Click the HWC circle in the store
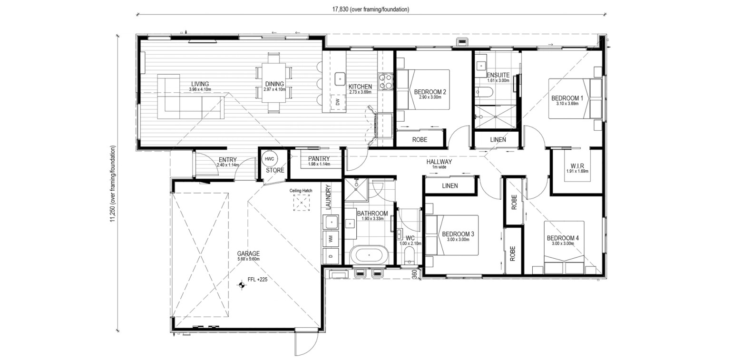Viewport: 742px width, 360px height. coord(269,159)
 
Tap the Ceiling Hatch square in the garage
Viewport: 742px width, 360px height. coord(302,203)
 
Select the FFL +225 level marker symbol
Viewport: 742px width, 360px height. coord(242,284)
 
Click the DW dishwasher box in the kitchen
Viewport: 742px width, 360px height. coord(338,102)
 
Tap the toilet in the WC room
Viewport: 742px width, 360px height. coord(410,256)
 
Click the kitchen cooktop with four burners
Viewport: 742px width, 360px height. coord(385,81)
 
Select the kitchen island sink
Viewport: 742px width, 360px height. coord(340,79)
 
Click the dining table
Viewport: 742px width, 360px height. coord(274,83)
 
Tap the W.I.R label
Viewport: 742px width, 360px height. coord(577,166)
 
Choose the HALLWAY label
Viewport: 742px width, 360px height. coord(439,162)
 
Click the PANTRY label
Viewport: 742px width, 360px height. coord(319,159)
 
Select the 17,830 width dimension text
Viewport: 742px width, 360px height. coord(371,9)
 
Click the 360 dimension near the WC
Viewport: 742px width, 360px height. coord(414,274)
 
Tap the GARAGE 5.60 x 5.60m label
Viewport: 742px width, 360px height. coord(248,256)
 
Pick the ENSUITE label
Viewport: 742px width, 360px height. coord(498,75)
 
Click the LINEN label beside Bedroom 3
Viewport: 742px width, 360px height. coord(450,186)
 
